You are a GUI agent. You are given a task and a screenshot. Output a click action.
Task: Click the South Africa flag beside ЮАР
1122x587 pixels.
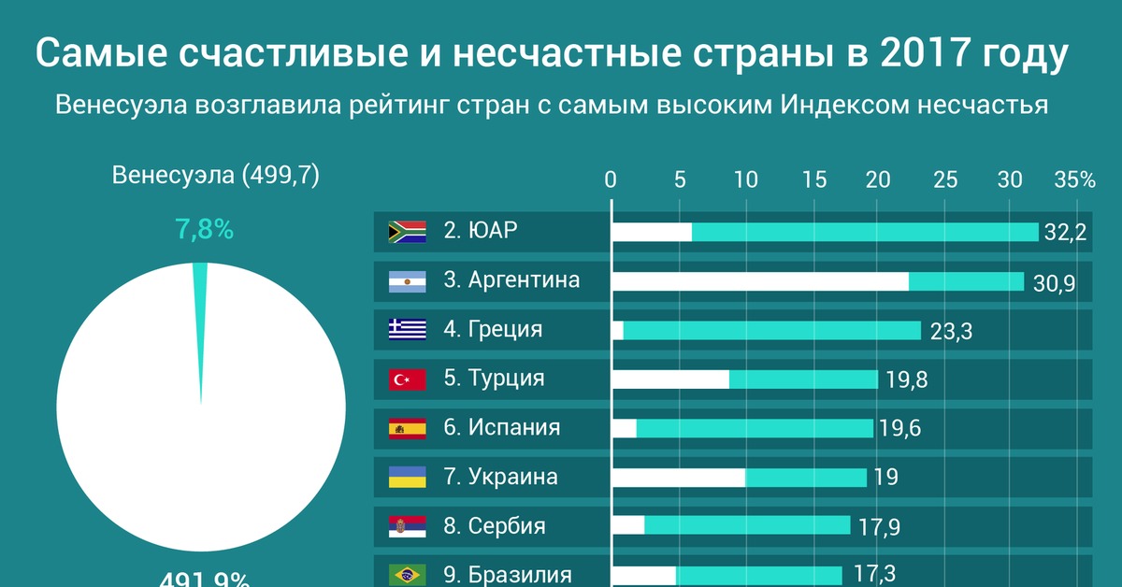407,232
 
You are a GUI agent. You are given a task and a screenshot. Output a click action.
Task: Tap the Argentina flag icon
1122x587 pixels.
407,280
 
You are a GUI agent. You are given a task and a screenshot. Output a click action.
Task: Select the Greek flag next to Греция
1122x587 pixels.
407,330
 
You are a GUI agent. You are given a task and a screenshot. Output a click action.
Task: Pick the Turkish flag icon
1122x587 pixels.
407,379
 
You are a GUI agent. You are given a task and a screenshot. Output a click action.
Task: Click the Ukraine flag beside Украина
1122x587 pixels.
407,477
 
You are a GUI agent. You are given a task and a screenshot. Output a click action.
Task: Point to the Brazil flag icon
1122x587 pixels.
407,573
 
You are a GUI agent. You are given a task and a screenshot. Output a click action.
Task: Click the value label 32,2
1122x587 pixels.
1065,233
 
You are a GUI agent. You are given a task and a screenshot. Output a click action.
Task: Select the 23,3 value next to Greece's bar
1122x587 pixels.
951,332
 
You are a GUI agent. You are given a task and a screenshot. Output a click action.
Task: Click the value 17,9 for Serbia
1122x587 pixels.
879,527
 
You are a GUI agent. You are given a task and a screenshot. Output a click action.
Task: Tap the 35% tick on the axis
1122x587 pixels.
1074,180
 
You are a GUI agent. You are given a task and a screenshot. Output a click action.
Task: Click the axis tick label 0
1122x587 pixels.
611,180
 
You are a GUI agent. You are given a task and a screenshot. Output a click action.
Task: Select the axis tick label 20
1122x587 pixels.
878,180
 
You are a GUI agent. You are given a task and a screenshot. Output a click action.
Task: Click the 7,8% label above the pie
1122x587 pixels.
204,229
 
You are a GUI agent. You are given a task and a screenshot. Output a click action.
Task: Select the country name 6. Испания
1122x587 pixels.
501,428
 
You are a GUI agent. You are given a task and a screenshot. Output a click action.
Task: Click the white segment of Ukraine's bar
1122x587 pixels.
678,478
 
